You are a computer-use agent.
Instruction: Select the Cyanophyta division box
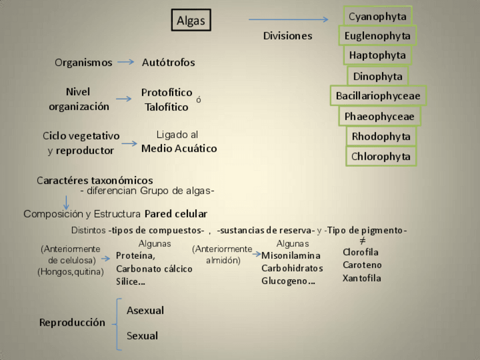378,16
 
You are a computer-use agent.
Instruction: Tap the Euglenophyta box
378,36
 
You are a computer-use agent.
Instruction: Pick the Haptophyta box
378,55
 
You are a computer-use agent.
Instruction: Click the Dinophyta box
378,76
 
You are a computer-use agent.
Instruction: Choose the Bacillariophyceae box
378,96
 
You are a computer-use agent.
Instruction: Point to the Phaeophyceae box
379,117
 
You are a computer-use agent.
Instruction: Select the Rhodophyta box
380,136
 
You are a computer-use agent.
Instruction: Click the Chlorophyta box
380,156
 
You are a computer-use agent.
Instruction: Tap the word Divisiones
288,36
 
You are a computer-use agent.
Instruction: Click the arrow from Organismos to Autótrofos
126,62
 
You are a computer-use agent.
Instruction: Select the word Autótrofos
168,62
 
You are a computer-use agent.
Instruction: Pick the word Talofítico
166,107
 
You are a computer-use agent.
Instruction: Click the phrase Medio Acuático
179,149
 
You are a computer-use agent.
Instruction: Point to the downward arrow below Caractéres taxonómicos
66,202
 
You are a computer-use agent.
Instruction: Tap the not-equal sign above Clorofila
363,241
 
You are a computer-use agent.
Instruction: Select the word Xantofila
362,278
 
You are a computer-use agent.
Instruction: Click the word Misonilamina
291,256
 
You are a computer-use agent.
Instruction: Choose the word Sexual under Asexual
142,336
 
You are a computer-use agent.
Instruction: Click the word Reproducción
72,323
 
